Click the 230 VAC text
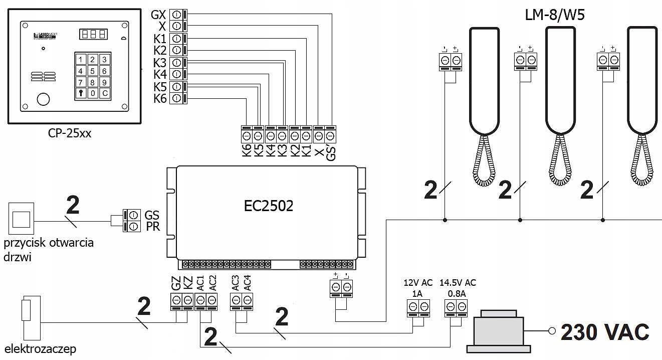point(604,331)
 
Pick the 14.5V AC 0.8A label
point(457,288)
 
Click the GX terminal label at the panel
point(158,15)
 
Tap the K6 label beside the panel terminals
point(160,99)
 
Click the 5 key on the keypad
point(92,71)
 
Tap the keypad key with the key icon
point(81,93)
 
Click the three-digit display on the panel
point(93,35)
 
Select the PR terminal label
point(152,227)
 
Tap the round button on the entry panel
point(44,99)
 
